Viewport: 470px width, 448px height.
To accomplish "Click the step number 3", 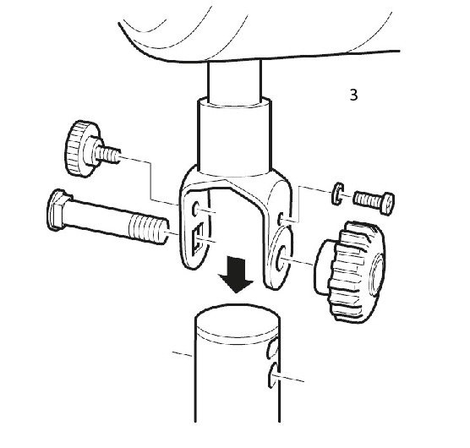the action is (353, 95).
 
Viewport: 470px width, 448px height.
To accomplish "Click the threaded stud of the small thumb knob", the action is (108, 155).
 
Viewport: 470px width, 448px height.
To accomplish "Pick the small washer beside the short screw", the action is (338, 194).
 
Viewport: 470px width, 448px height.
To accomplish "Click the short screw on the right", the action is (374, 203).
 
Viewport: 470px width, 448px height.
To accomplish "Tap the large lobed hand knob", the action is (350, 272).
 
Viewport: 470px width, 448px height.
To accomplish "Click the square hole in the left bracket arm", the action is (198, 239).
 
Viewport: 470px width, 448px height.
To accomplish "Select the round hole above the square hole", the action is (196, 209).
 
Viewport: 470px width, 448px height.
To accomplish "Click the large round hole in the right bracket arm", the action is (279, 259).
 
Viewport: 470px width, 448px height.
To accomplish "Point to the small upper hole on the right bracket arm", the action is (281, 219).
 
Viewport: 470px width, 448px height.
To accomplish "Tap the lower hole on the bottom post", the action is (273, 374).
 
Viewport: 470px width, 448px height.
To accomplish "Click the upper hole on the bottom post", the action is (272, 348).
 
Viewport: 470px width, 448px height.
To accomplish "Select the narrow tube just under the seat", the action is (234, 81).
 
